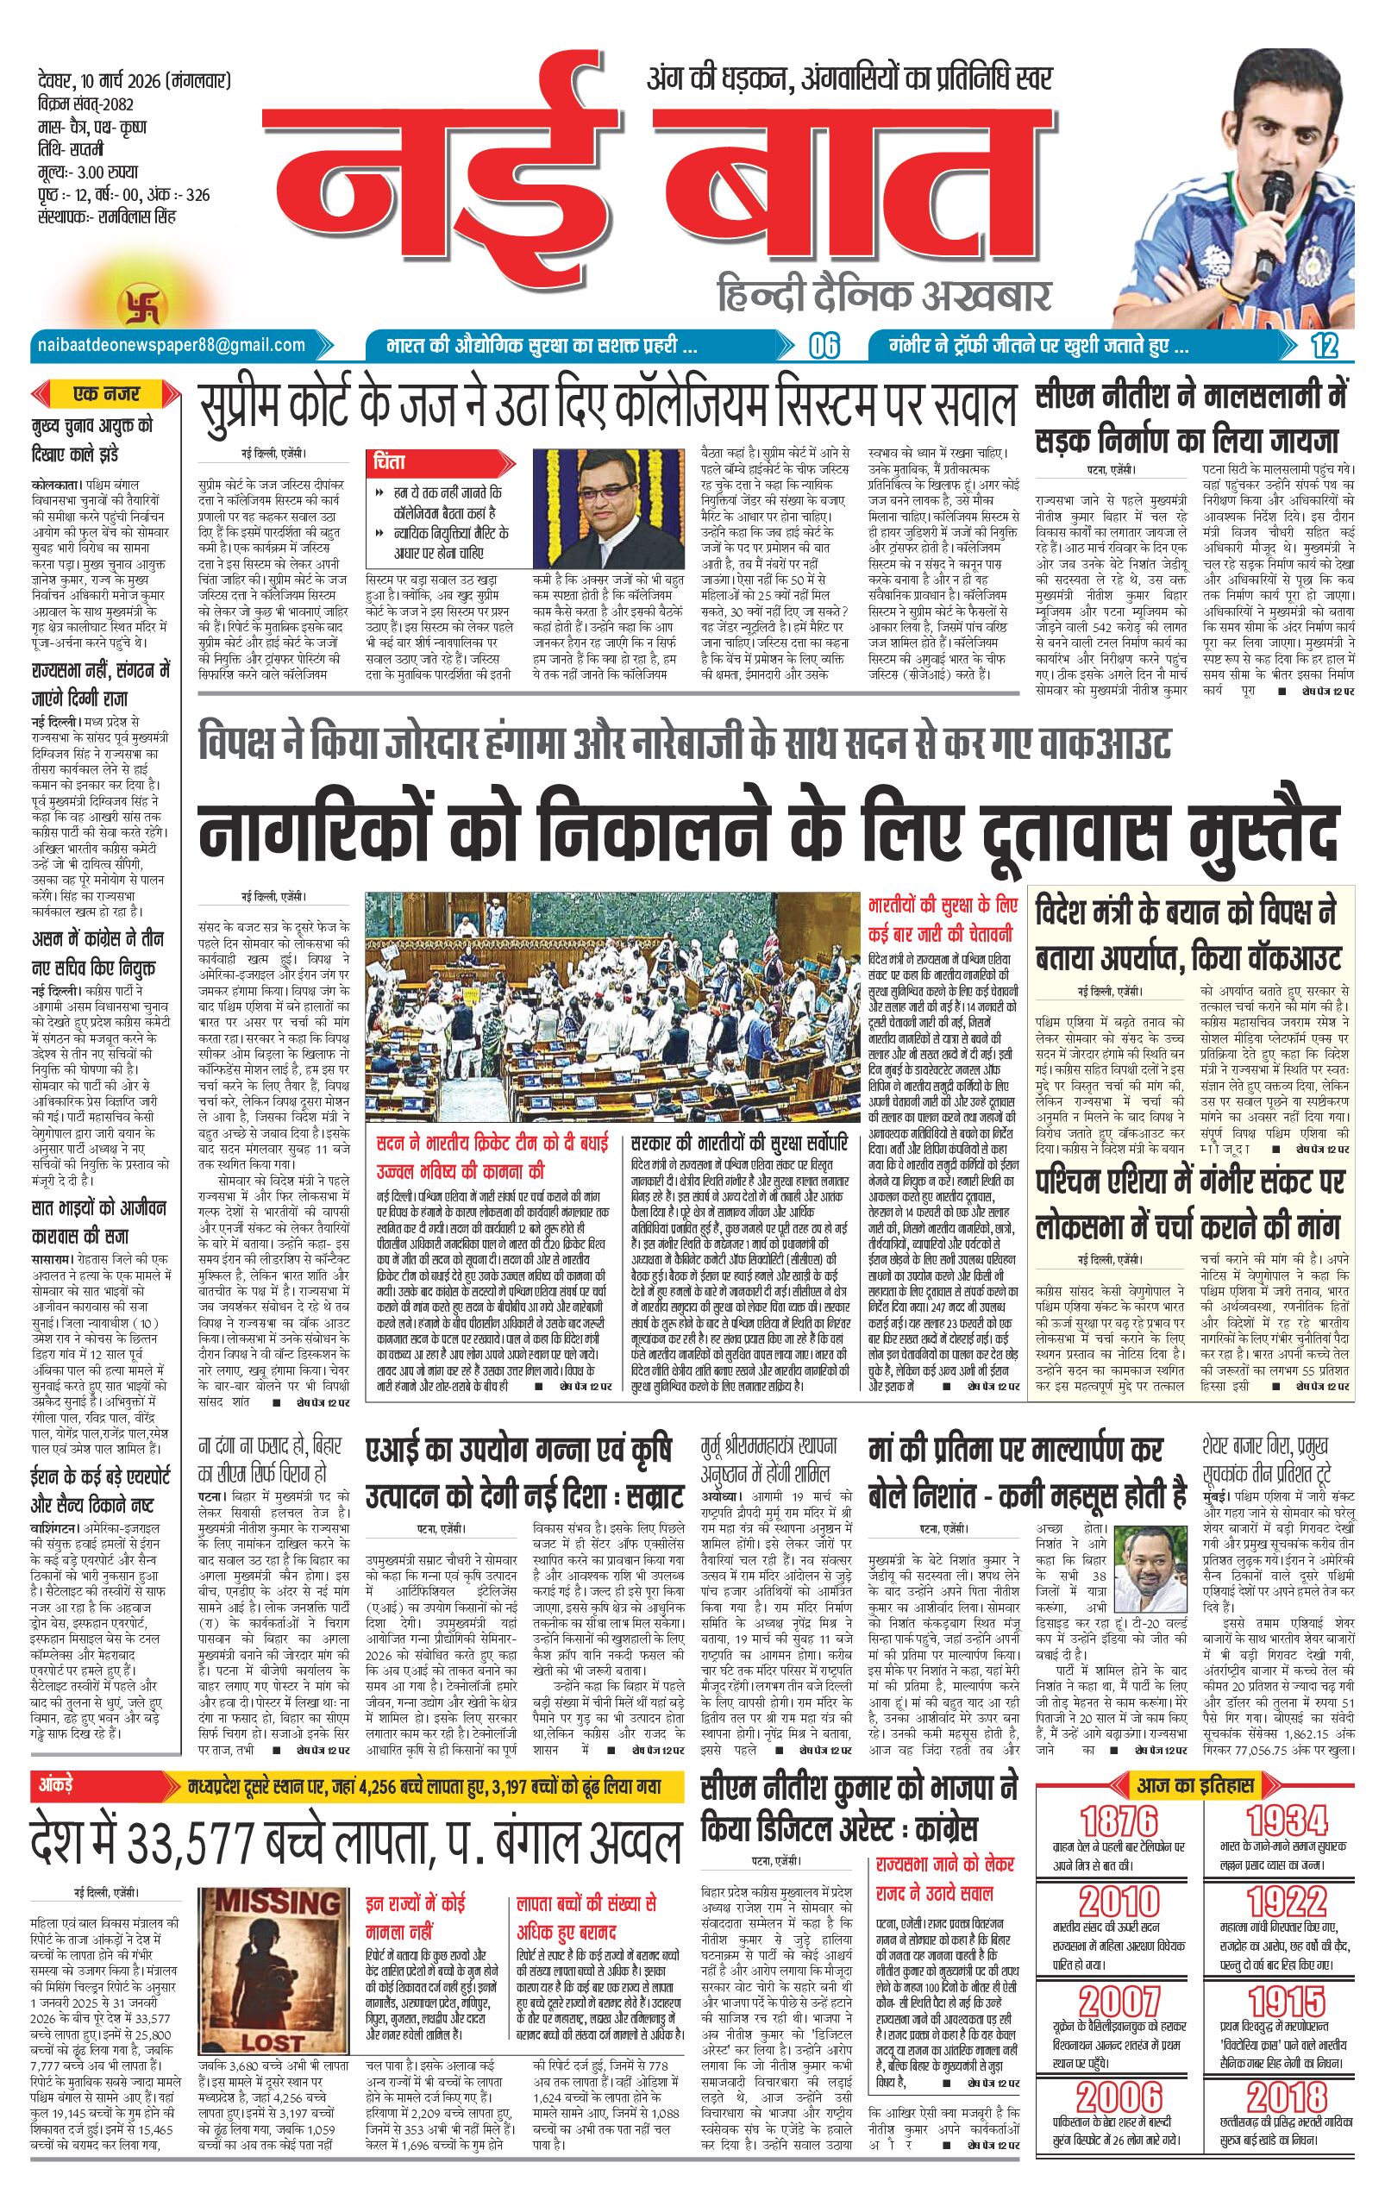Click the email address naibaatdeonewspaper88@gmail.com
[171, 344]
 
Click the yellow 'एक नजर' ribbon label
[107, 395]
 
